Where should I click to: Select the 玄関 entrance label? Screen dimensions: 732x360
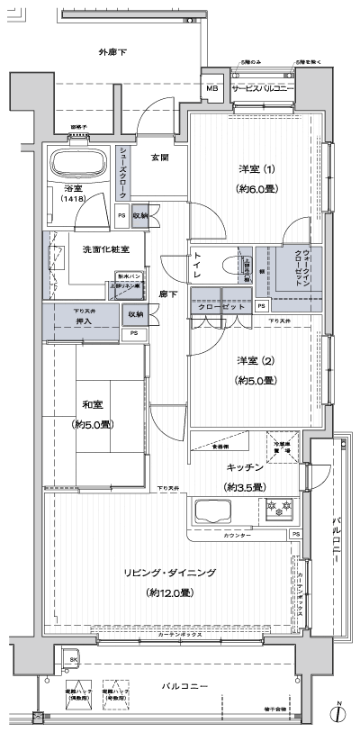coord(159,158)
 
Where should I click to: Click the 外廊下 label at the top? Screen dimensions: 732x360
coord(112,53)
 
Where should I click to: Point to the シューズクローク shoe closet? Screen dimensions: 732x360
coord(124,172)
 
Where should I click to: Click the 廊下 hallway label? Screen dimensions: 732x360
coord(168,294)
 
